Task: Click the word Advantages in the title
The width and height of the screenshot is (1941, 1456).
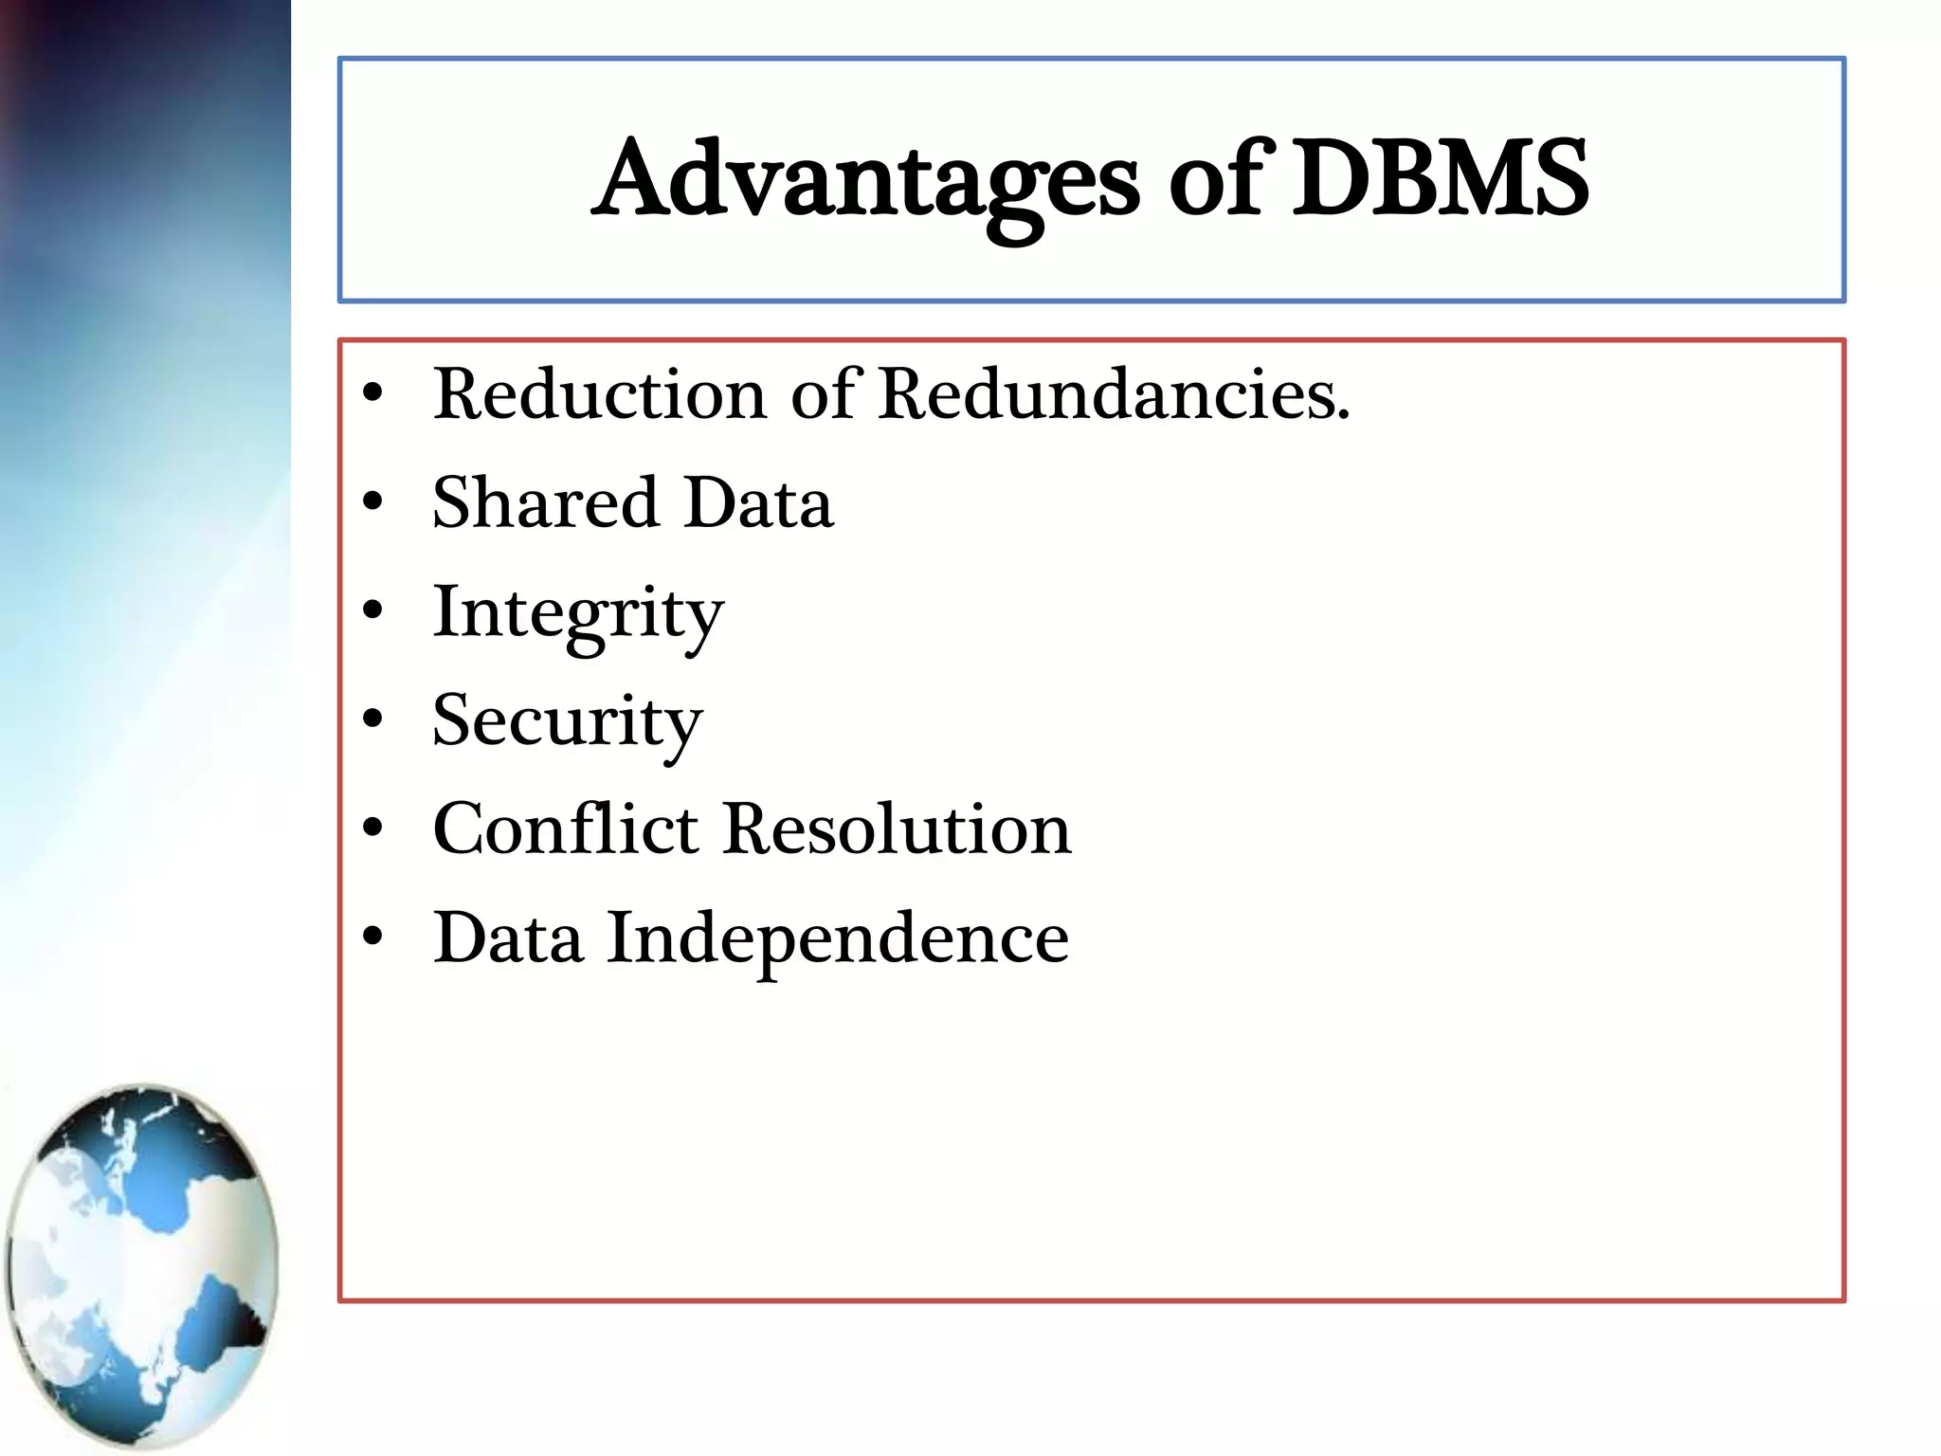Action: (x=867, y=180)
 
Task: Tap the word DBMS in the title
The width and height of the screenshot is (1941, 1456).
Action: (x=1441, y=178)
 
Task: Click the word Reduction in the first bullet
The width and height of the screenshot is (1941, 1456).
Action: (x=599, y=394)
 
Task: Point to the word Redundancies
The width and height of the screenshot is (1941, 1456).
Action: (x=1113, y=394)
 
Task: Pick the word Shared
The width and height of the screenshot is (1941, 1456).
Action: (x=545, y=502)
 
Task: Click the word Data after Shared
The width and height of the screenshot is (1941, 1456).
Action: (x=759, y=502)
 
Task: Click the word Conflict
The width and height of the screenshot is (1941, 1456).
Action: (x=566, y=829)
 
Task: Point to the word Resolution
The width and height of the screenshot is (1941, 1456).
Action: (x=898, y=829)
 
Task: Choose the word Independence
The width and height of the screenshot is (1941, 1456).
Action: (x=838, y=939)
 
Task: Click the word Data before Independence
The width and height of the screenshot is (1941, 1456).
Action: (x=508, y=938)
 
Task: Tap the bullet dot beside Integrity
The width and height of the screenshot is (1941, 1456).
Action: (x=373, y=610)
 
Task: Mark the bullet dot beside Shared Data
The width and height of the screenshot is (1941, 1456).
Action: (x=373, y=501)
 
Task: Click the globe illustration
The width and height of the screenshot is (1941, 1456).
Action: (x=142, y=1265)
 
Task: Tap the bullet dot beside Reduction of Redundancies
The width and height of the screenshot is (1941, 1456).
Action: (x=373, y=393)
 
